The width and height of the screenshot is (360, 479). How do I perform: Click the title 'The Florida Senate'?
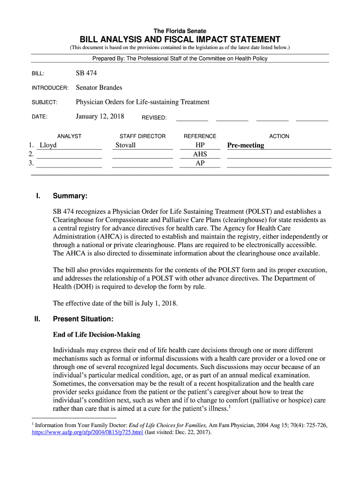(x=180, y=31)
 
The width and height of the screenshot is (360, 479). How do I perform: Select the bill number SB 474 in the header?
(x=86, y=73)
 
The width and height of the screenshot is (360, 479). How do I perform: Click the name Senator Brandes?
(x=99, y=88)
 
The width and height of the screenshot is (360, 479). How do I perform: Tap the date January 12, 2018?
(x=100, y=116)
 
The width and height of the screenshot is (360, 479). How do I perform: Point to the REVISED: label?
(x=154, y=117)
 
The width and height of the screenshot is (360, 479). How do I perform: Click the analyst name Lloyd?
(x=48, y=145)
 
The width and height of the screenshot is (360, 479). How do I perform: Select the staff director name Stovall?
(x=125, y=145)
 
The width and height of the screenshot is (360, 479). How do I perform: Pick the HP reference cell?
(x=200, y=145)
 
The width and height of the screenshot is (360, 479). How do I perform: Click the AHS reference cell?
(x=200, y=154)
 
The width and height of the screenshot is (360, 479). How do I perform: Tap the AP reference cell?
(x=200, y=163)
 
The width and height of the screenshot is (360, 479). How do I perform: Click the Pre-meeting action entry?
(x=245, y=145)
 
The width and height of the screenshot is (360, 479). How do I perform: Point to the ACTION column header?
(x=279, y=136)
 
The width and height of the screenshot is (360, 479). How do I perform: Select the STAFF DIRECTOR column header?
(x=143, y=136)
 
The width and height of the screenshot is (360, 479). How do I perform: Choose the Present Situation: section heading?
(x=83, y=319)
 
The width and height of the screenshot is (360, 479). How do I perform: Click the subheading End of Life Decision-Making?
(x=96, y=335)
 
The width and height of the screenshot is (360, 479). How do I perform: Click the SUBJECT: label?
(x=44, y=102)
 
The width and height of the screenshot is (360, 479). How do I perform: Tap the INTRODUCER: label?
(x=50, y=88)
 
